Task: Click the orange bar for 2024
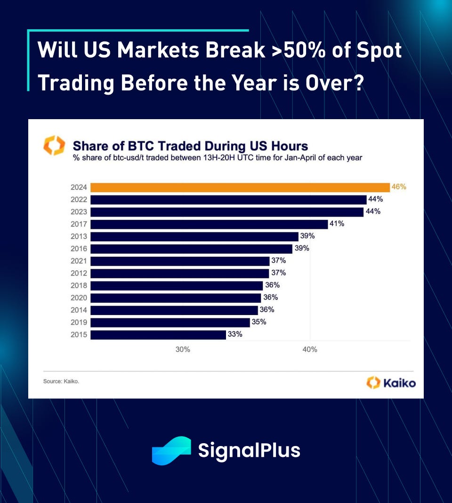240,187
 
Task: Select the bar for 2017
209,224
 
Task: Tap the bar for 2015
158,334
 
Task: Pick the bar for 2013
194,236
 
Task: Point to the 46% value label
399,187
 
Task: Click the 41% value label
337,224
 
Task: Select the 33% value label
235,334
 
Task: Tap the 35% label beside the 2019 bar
258,322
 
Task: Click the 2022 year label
78,200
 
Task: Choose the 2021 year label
78,261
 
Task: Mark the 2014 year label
78,310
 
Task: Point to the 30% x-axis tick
183,349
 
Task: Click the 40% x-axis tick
310,349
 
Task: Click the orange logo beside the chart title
54,146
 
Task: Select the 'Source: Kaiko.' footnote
61,381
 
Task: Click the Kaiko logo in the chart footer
391,382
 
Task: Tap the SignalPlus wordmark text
249,450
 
